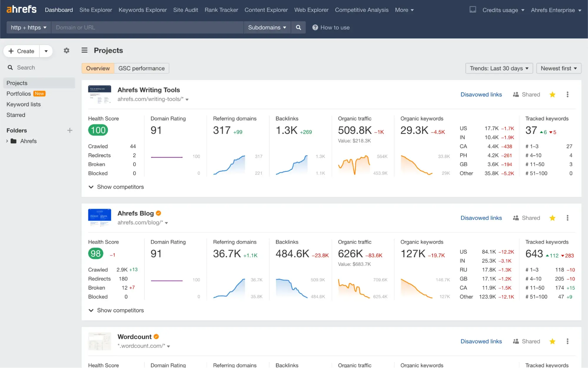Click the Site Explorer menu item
(96, 10)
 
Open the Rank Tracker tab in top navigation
(221, 10)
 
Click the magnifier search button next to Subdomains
(298, 27)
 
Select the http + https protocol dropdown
(29, 27)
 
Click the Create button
(22, 51)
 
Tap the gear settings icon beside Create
(66, 51)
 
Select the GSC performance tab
(141, 68)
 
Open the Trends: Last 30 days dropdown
(499, 68)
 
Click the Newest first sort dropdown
(558, 68)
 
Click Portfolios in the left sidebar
(19, 94)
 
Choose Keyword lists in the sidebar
(24, 104)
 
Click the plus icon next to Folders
(70, 130)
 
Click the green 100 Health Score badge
(98, 130)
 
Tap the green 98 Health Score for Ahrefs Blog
(96, 253)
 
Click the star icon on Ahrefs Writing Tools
(552, 95)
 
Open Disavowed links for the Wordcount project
(481, 341)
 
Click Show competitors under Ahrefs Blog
(120, 310)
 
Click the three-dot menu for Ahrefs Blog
(567, 218)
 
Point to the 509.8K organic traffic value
(355, 130)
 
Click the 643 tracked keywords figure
(534, 253)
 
